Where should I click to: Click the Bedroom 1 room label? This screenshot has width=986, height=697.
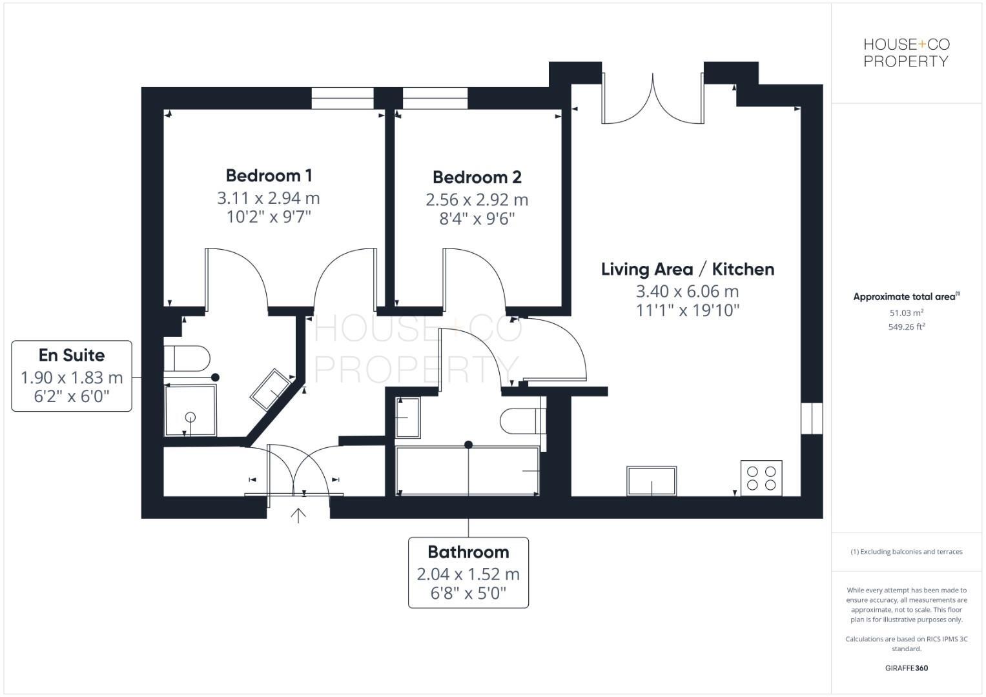click(x=269, y=176)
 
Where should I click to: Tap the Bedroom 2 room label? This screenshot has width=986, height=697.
click(x=477, y=177)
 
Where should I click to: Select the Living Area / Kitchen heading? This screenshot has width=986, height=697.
click(x=687, y=269)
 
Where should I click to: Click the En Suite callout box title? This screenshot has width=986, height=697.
click(x=72, y=355)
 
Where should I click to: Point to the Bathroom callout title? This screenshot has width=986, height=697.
click(x=468, y=552)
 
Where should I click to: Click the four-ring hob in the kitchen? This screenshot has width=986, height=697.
click(x=761, y=478)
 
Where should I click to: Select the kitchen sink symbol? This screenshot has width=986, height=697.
click(x=652, y=481)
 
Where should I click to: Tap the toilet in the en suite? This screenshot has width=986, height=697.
click(x=188, y=358)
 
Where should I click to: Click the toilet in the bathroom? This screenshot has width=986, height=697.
click(x=522, y=421)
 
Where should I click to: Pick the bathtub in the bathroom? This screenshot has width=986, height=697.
click(x=467, y=471)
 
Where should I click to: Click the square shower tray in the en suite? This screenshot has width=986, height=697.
click(x=190, y=410)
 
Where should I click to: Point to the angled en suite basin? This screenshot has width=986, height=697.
click(x=271, y=390)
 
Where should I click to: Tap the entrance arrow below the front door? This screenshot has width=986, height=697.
click(x=298, y=515)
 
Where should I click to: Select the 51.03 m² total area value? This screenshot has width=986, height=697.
click(x=906, y=313)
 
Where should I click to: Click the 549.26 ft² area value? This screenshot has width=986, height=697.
click(x=906, y=327)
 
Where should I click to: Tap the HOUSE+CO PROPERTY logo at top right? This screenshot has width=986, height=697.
click(x=906, y=53)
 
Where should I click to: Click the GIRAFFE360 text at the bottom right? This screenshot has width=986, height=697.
click(x=906, y=668)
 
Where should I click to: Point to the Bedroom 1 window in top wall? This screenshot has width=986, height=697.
click(x=342, y=98)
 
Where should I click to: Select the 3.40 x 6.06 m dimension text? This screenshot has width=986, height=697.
click(x=687, y=291)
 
